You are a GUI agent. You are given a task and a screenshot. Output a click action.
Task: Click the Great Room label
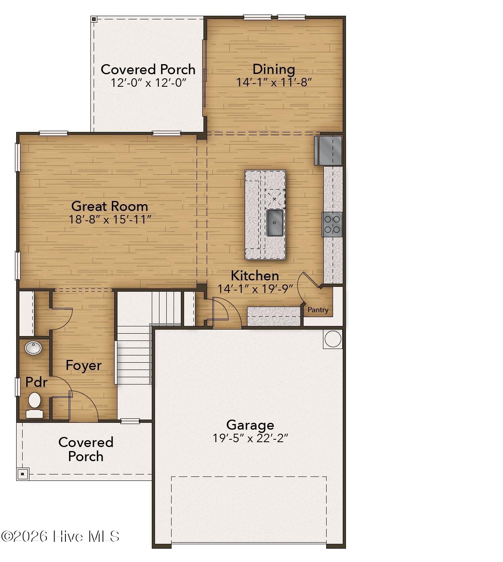109,206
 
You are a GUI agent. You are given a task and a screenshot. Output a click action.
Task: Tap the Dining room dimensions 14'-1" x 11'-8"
274,82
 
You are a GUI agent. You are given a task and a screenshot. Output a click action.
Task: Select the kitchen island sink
275,222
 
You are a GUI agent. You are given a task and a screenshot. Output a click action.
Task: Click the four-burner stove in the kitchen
332,224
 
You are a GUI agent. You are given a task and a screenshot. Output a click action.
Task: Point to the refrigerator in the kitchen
328,150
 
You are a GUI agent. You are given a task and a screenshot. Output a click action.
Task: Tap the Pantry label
318,310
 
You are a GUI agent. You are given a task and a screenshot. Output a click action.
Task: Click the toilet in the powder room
34,401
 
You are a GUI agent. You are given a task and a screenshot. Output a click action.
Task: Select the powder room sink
33,348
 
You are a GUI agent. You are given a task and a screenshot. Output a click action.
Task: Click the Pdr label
36,382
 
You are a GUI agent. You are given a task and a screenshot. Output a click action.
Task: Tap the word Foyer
84,365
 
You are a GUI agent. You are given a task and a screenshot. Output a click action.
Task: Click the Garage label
250,425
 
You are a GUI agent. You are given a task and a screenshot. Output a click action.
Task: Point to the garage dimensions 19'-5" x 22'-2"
250,438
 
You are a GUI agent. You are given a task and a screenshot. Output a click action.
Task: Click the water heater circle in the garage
333,339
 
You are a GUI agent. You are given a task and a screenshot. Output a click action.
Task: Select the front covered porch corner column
23,474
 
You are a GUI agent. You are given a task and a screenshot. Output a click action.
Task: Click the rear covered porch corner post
94,19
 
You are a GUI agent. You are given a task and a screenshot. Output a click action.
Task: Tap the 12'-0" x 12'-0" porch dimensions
148,83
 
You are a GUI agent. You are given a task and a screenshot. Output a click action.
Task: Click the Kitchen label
255,276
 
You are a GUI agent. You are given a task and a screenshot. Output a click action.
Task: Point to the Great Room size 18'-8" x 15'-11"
109,219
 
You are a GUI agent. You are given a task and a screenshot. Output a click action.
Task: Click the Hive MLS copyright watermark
61,536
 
